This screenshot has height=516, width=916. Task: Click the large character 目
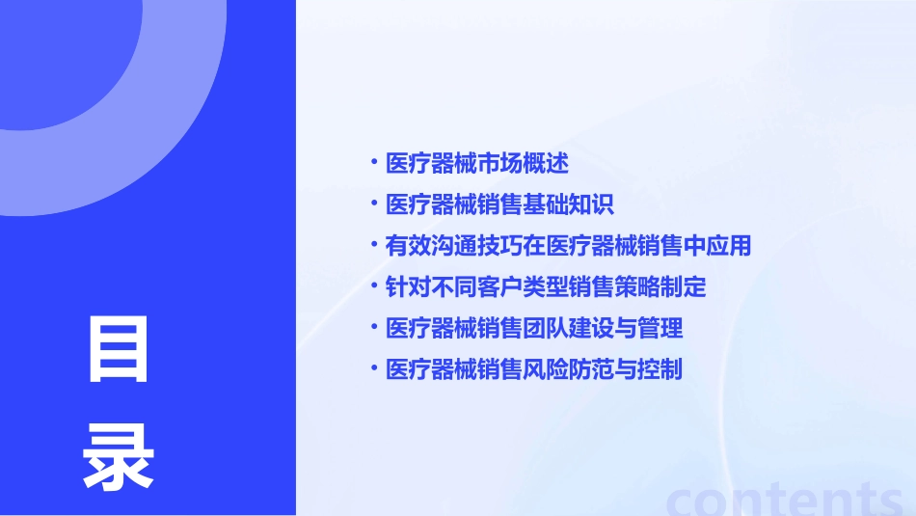(x=119, y=350)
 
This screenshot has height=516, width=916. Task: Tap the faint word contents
(x=785, y=499)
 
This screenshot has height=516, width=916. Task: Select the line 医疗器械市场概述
(x=476, y=163)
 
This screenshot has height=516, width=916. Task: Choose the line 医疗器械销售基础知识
(x=499, y=204)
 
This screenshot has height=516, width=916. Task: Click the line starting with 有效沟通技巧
(x=568, y=246)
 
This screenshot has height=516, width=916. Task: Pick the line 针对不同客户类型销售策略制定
(x=546, y=286)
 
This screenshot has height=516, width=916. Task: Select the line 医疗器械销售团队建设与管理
(x=534, y=328)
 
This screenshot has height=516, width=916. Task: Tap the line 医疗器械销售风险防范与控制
(x=534, y=369)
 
